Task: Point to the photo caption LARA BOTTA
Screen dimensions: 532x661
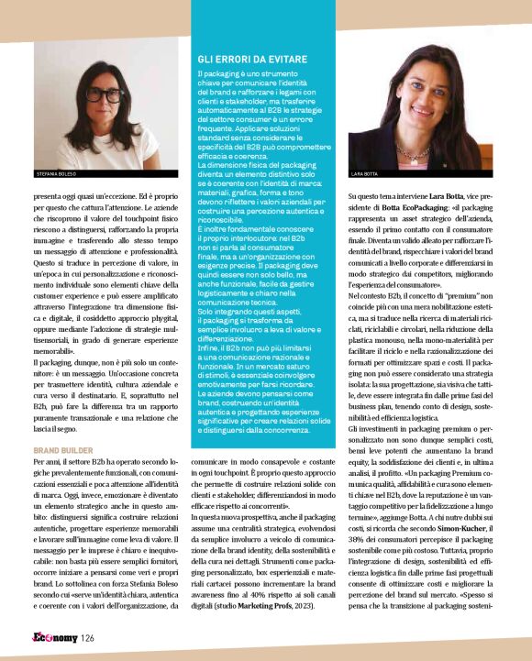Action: tap(364, 172)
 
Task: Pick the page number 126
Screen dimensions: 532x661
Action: tap(87, 638)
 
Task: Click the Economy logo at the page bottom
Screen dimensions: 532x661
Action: tap(54, 637)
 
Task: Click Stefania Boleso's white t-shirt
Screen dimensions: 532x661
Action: tap(93, 151)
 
